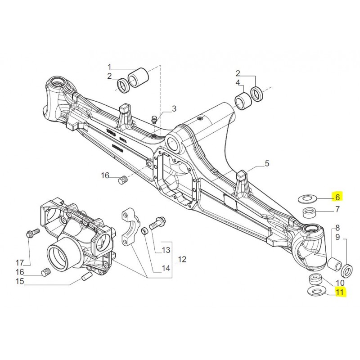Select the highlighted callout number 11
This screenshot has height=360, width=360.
[339, 292]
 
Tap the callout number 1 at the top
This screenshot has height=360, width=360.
[108, 67]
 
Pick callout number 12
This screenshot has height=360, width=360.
[182, 259]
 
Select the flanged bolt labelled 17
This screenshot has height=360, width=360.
[30, 234]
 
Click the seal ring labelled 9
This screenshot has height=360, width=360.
[347, 270]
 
